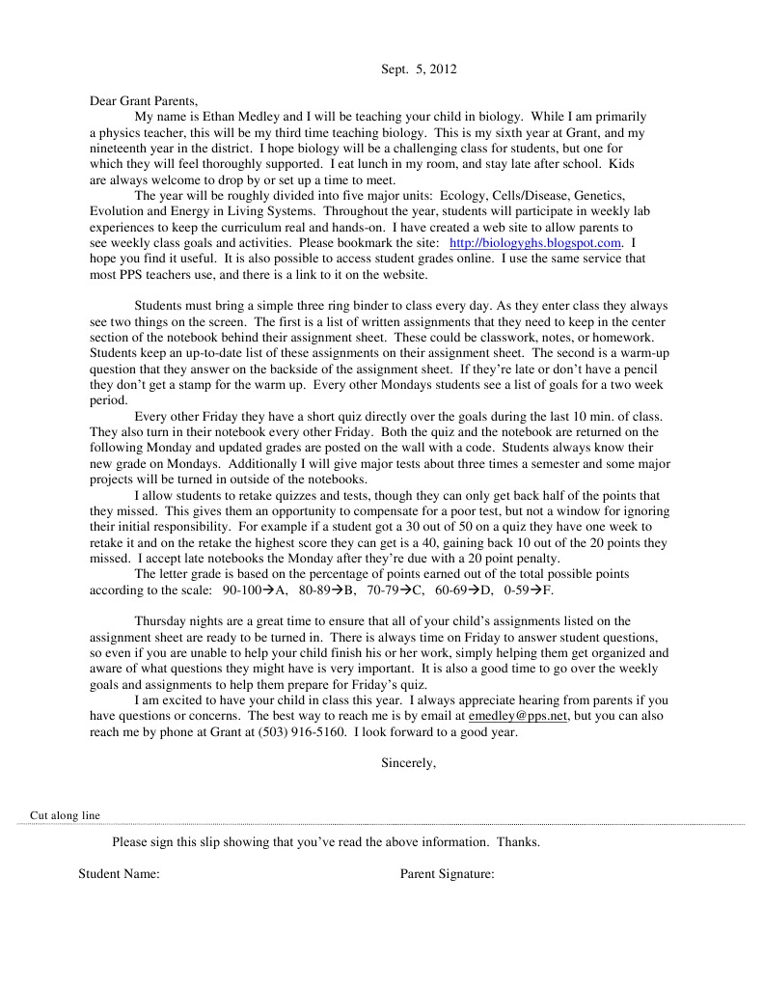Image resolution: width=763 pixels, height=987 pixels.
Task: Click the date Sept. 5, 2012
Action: [418, 69]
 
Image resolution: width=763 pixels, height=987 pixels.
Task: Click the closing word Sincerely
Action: [408, 763]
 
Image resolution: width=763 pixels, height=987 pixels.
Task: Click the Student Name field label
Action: [119, 875]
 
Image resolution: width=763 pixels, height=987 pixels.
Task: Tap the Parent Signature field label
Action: [447, 875]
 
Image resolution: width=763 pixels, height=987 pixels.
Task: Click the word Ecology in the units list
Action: [443, 196]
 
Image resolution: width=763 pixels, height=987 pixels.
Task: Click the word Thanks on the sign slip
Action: [516, 842]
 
